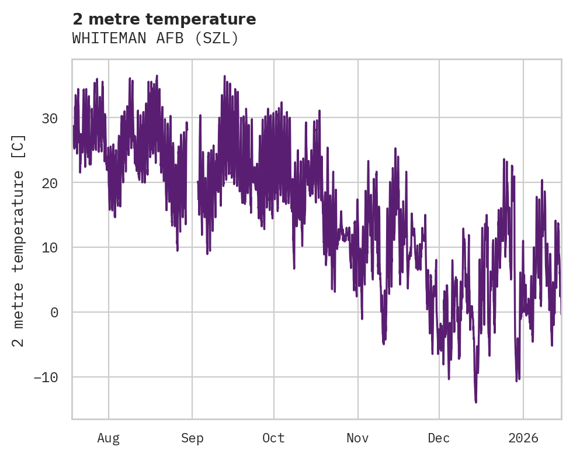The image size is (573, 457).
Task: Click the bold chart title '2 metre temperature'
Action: (x=164, y=19)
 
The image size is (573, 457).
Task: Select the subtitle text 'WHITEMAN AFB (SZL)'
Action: (x=155, y=39)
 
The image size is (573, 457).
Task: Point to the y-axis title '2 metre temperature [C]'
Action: (x=19, y=240)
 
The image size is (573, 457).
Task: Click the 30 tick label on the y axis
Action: (x=50, y=119)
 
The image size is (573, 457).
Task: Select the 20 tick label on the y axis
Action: (x=50, y=184)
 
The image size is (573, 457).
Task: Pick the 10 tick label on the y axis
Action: (x=50, y=248)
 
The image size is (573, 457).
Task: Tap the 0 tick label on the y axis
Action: (x=54, y=313)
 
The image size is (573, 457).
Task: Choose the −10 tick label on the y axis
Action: (x=46, y=377)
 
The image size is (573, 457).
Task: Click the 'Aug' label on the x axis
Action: (x=108, y=438)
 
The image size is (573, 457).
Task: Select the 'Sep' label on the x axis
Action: (x=192, y=438)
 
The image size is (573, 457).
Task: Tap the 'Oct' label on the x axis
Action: (x=273, y=438)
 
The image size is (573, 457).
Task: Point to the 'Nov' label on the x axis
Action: (x=357, y=438)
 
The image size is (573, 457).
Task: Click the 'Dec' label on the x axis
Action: (x=439, y=438)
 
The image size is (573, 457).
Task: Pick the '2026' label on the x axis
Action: (x=523, y=438)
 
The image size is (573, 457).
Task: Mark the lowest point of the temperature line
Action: (x=475, y=402)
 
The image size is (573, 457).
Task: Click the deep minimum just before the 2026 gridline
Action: (x=516, y=380)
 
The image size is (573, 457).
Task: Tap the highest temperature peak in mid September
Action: (x=224, y=76)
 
